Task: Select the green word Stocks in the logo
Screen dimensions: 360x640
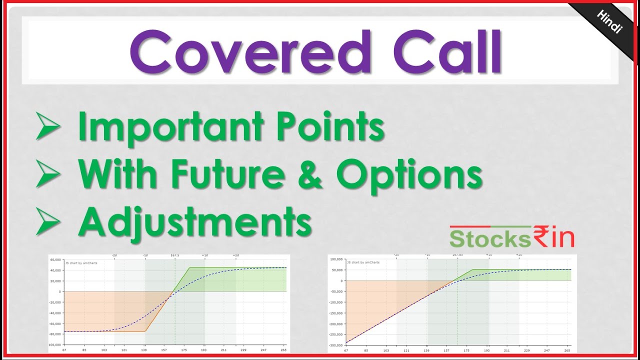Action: click(x=489, y=239)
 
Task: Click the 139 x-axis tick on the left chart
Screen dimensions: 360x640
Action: click(x=144, y=350)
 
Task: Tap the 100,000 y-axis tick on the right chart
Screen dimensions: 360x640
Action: click(x=336, y=259)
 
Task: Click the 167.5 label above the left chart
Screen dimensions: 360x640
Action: click(x=175, y=255)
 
